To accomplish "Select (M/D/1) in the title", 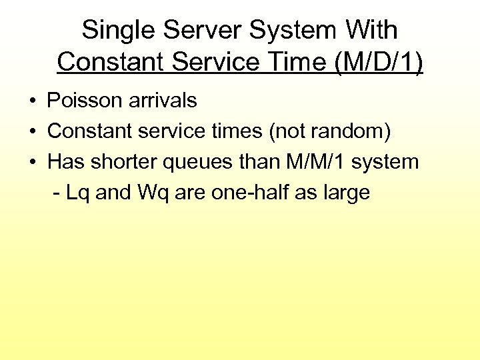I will [x=379, y=62].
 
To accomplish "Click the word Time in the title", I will [x=302, y=62].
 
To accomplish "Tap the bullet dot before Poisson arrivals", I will [x=32, y=101].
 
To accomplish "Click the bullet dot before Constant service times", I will [x=32, y=132].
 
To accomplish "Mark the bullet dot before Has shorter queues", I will [x=32, y=162].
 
